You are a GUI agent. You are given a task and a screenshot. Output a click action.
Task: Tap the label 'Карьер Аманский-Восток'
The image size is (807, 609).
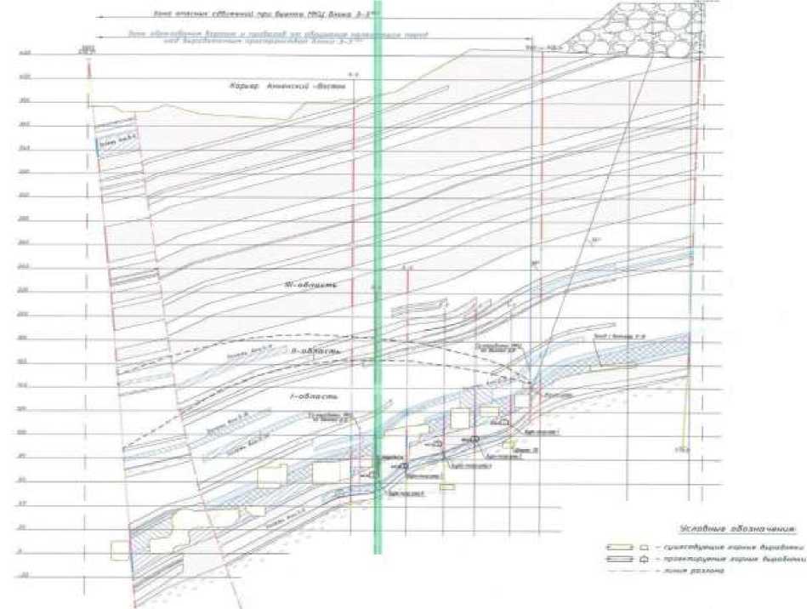coord(284,87)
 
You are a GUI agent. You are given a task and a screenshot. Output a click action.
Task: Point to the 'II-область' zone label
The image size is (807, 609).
coord(315,351)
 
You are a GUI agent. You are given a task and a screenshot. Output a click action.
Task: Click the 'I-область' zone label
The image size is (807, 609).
coord(315,396)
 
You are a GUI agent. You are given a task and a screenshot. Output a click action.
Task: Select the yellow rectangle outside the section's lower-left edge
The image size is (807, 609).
coord(119,550)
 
